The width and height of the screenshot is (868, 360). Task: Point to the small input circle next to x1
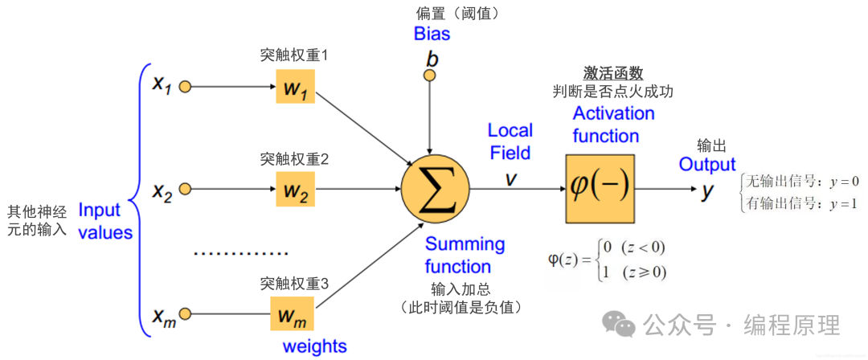185,85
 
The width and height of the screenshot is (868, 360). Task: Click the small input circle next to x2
185,190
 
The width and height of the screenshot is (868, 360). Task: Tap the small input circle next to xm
185,313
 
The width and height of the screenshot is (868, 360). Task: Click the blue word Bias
432,34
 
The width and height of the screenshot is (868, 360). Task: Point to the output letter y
707,191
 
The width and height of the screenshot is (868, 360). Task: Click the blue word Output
707,165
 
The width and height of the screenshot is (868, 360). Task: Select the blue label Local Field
510,141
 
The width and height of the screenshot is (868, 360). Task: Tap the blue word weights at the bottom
314,346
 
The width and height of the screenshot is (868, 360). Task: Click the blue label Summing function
465,255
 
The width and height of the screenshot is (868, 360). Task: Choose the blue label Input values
104,221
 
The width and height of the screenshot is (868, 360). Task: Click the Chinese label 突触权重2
294,159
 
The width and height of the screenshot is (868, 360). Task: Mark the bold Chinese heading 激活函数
613,73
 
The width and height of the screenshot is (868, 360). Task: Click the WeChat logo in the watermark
620,325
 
